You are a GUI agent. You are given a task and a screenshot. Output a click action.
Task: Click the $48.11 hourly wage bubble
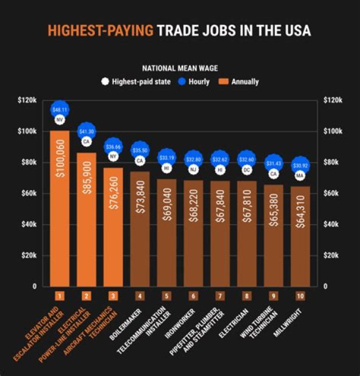(x=59, y=110)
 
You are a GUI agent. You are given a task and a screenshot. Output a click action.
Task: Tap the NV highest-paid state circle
(x=59, y=120)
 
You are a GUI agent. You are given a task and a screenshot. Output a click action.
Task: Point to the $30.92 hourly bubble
(x=300, y=165)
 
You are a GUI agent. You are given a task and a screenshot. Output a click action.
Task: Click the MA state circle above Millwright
(x=300, y=176)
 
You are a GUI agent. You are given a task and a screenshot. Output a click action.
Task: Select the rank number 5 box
(x=166, y=296)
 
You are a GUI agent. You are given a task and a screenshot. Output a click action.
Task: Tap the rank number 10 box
(x=300, y=296)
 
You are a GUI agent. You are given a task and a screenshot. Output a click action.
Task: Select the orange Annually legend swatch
(x=224, y=81)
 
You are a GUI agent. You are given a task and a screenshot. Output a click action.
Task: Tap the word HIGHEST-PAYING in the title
(x=100, y=31)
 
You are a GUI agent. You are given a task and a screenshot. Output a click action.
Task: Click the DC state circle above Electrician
(x=246, y=170)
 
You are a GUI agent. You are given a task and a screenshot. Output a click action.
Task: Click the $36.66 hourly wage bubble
(x=113, y=147)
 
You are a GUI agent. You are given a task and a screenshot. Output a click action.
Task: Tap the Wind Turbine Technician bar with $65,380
(x=273, y=235)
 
